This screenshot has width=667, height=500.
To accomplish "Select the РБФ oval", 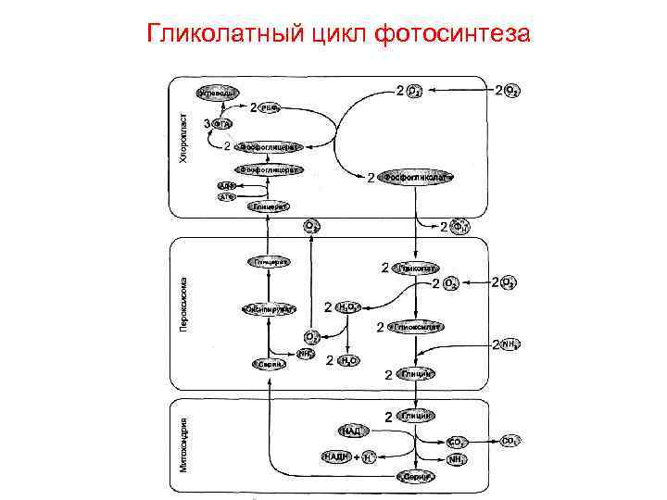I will (270, 108).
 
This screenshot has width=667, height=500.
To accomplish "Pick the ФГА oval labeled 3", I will (221, 124).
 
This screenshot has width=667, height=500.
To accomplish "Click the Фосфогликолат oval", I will (420, 177).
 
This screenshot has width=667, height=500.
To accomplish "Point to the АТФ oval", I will (226, 196).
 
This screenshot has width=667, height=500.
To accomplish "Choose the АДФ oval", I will (226, 185).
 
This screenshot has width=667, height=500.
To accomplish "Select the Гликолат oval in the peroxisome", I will (417, 268).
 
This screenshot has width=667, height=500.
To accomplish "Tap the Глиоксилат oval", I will (417, 327).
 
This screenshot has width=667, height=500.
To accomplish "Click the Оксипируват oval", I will (270, 308).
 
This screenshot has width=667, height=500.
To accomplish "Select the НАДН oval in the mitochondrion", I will (336, 456).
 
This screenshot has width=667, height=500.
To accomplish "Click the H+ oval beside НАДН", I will (369, 456).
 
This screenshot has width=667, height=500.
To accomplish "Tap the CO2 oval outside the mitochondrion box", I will (510, 441).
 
